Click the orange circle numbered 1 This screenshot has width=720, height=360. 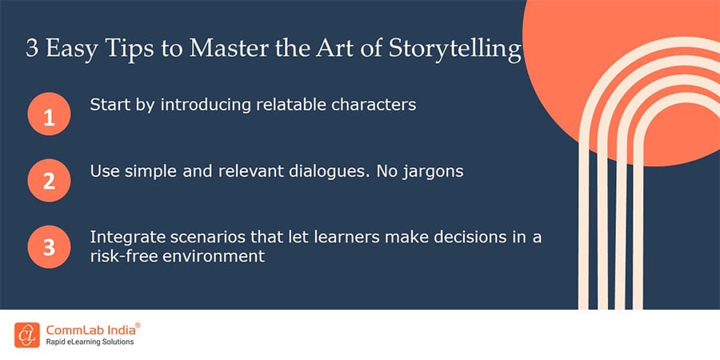[49, 116]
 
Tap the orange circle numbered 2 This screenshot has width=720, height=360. [49, 181]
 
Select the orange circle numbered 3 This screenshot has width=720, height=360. [49, 247]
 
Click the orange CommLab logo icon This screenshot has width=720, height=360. [26, 334]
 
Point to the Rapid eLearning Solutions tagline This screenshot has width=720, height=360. [90, 342]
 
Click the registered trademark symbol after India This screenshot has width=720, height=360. [138, 324]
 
